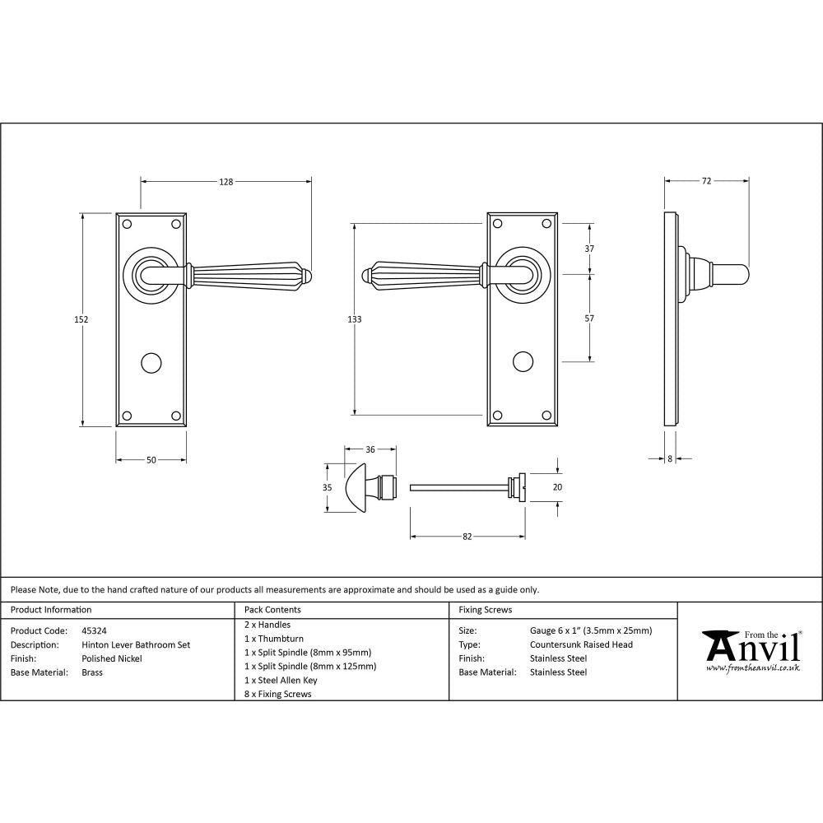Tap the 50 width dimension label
151,460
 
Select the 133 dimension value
355,319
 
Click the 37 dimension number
589,249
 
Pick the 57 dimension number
589,318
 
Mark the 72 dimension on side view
706,181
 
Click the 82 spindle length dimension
467,537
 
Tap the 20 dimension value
557,487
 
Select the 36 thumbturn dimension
370,449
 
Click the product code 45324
95,631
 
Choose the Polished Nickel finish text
112,658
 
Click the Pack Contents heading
272,610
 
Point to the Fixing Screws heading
485,610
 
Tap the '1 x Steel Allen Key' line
281,680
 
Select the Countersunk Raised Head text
581,644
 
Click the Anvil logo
751,650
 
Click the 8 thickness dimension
670,459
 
